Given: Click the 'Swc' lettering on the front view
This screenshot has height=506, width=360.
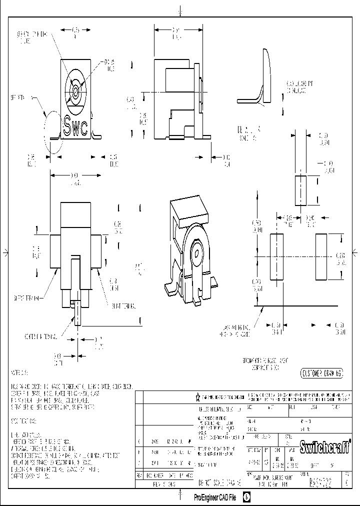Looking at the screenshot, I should pyautogui.click(x=76, y=125).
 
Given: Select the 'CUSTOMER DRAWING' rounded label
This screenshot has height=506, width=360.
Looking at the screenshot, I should pyautogui.click(x=321, y=373).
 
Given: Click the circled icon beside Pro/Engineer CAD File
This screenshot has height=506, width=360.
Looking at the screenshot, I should pyautogui.click(x=247, y=497).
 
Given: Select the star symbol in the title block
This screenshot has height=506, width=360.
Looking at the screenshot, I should pyautogui.click(x=198, y=397).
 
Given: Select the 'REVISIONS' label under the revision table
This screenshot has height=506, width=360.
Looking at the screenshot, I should pyautogui.click(x=164, y=484).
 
